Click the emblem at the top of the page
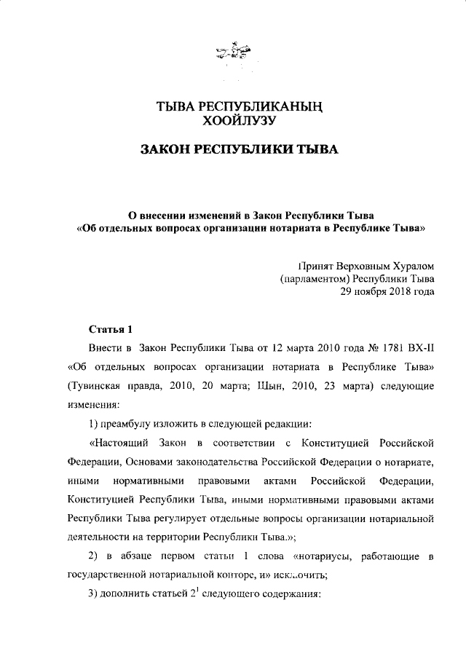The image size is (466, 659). point(232,52)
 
